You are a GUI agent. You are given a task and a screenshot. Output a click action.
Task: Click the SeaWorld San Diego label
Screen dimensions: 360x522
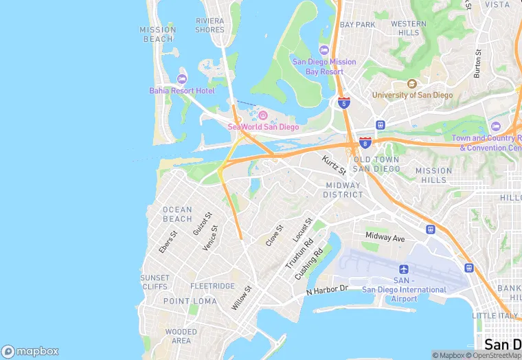tap(263, 126)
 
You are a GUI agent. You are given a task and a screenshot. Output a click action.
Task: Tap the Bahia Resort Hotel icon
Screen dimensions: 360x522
tap(182, 77)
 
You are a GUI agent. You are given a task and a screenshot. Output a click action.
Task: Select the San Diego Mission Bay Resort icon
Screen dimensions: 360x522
tap(324, 49)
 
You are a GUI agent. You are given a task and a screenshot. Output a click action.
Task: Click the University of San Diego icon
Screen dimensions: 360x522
tap(411, 84)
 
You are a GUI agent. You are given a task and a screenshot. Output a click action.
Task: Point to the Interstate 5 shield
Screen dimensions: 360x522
tap(344, 103)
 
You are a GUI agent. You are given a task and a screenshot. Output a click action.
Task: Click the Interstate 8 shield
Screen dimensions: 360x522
tap(365, 142)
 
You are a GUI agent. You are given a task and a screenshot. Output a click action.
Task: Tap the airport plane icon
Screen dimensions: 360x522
tap(403, 269)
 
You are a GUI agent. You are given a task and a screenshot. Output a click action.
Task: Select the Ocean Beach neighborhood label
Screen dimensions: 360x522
tap(177, 214)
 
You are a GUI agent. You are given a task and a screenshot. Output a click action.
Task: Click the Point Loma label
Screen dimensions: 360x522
tap(190, 301)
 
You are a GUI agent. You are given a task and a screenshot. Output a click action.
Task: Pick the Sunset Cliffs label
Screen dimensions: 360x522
tap(155, 282)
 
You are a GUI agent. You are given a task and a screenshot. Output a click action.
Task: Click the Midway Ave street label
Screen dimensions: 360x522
tap(385, 237)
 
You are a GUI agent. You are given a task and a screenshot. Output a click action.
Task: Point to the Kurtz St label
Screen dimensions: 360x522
tap(334, 165)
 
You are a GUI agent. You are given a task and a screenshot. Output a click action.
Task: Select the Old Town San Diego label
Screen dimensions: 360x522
tap(376, 164)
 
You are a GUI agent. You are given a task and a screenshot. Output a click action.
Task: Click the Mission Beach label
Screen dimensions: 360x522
tap(157, 34)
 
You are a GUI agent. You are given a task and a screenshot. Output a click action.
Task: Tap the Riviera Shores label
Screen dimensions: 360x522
tap(209, 25)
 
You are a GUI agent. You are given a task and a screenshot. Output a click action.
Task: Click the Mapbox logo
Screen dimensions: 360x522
tap(30, 350)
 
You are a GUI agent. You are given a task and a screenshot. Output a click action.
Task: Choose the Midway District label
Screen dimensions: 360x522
tap(343, 190)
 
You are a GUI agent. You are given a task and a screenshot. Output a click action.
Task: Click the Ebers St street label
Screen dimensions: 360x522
tap(168, 242)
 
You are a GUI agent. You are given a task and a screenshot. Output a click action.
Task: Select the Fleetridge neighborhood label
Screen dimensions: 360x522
tap(212, 286)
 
